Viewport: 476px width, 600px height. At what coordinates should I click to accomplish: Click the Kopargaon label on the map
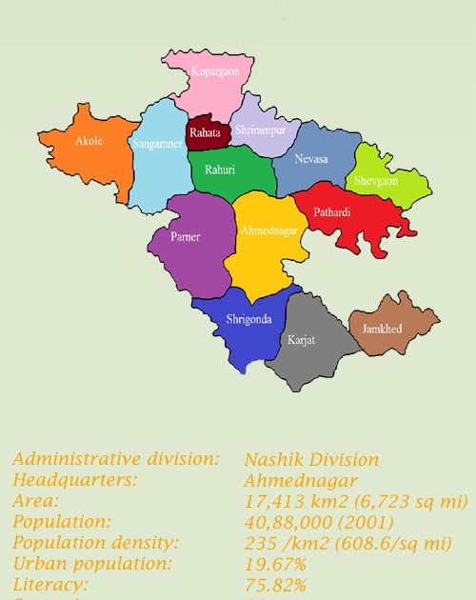[215, 71]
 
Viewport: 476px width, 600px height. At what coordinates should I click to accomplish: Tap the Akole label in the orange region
[89, 141]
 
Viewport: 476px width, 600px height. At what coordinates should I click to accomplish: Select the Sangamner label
[155, 144]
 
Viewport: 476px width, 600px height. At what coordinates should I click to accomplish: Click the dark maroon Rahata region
[206, 134]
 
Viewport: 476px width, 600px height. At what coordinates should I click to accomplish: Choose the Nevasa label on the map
[310, 159]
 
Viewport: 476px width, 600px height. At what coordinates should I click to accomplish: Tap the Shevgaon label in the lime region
[376, 181]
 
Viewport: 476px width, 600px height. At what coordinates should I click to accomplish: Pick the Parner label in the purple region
[185, 237]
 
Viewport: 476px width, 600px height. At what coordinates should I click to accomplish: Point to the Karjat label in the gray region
[301, 338]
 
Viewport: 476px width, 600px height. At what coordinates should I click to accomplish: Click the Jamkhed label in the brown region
[382, 329]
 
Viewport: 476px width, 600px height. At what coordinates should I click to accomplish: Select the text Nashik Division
[311, 460]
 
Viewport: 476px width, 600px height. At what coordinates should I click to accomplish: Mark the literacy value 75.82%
[275, 585]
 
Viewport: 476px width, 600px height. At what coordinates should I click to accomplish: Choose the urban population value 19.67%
[275, 564]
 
